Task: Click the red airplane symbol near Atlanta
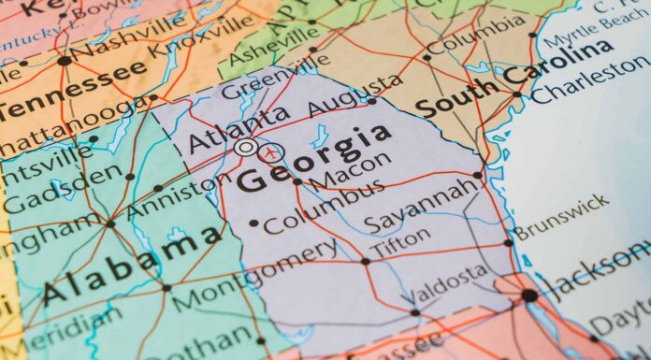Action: tap(271, 151)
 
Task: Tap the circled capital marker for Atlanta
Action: tap(245, 148)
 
